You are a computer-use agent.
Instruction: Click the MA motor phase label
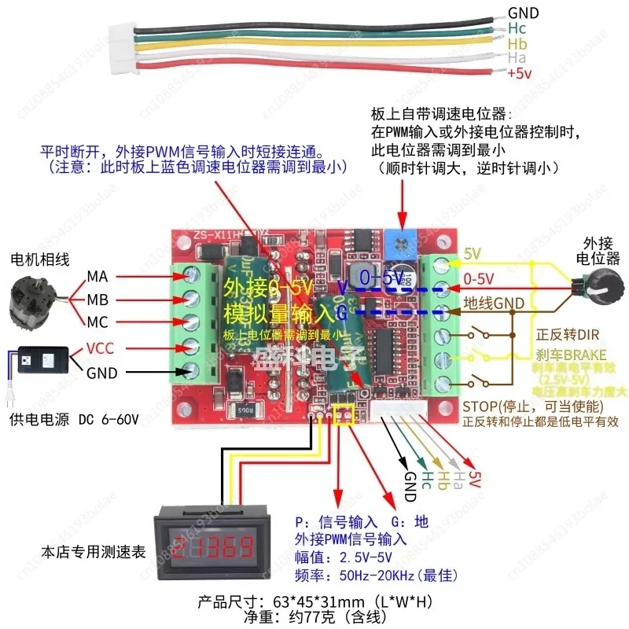tap(97, 276)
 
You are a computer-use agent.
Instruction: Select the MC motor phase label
tap(97, 323)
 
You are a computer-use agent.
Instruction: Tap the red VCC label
tap(100, 347)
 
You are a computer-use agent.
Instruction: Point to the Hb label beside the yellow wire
tap(517, 42)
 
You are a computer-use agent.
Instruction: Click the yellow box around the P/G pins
tap(344, 414)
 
